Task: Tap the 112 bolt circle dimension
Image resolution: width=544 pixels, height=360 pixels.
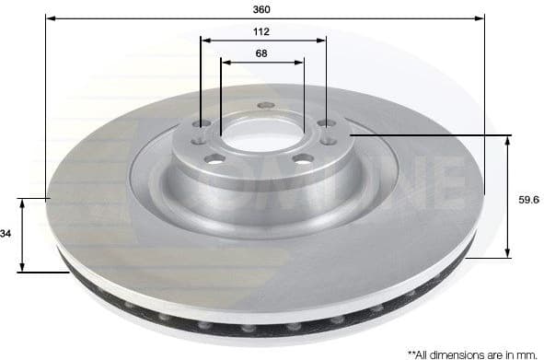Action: tap(261, 31)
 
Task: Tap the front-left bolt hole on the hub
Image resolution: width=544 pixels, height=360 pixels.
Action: tap(214, 159)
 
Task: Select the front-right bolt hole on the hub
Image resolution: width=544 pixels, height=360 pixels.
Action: tap(301, 158)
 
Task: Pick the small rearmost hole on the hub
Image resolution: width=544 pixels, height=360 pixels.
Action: tap(263, 105)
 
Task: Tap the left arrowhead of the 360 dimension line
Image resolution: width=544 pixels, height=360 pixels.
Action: tap(50, 17)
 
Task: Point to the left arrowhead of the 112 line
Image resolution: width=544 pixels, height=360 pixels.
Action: tap(206, 41)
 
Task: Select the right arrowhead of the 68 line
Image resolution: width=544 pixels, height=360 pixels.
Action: tap(300, 63)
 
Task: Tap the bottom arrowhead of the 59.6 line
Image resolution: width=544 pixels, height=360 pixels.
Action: tap(508, 255)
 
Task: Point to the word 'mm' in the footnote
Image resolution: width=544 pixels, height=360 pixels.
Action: tap(526, 353)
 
